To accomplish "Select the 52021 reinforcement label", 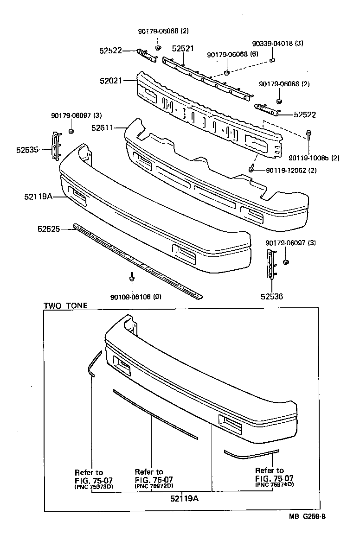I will [x=110, y=81].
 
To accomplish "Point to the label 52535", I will [x=27, y=149].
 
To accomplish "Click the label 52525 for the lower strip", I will [x=49, y=229].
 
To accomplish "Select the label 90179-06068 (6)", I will [x=232, y=55].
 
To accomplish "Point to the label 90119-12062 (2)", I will [x=291, y=171].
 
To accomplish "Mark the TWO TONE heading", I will [x=65, y=306].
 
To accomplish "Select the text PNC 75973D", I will [x=94, y=486].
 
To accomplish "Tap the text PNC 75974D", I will [x=275, y=484].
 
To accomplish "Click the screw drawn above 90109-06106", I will [x=132, y=278].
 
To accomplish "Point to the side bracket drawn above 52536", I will [x=270, y=264].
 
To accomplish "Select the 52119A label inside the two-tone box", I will [x=185, y=499].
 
